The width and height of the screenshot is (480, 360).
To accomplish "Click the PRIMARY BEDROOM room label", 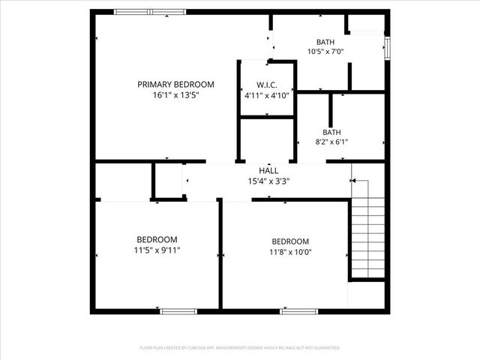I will point(175,85).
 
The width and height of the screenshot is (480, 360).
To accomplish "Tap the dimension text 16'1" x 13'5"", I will point(175,95).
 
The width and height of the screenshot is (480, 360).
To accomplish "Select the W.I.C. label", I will point(267,85).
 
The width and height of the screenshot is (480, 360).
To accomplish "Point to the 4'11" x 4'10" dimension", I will point(267,95).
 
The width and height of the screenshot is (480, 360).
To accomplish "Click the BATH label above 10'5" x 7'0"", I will point(325,42).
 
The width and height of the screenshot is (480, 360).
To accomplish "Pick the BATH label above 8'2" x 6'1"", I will point(332,131).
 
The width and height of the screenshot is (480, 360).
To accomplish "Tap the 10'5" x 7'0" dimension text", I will point(325,52).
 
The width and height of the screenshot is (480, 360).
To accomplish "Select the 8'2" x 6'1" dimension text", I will point(332,141).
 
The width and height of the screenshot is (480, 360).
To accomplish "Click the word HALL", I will point(268,170).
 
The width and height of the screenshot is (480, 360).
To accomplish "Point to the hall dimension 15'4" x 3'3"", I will point(268,180).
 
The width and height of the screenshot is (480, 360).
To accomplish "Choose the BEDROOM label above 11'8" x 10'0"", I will point(290,241).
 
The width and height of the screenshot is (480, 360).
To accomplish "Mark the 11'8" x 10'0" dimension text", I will point(290,252).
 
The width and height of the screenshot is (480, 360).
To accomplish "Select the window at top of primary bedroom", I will point(149,12).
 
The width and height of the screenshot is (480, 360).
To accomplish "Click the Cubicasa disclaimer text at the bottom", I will point(240,348).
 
